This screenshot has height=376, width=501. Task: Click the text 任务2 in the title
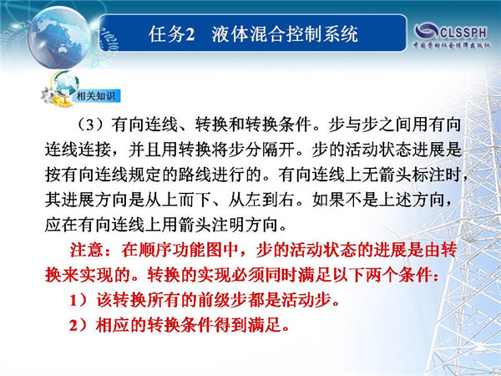[x=171, y=34]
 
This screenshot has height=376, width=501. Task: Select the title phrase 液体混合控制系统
[x=285, y=34]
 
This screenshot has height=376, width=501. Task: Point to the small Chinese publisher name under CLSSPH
[x=452, y=45]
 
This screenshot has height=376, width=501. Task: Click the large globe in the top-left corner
[x=59, y=37]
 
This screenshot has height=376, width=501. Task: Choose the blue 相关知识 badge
[x=96, y=95]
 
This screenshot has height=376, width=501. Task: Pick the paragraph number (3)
[x=90, y=124]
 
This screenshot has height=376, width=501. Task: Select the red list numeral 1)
[x=78, y=300]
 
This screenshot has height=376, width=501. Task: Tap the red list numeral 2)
[x=78, y=326]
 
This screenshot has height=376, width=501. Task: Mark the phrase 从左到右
[x=261, y=200]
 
